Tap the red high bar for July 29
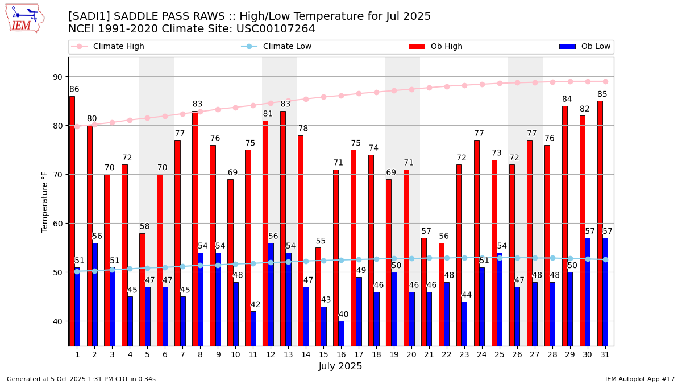click(x=565, y=226)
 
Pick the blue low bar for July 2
click(x=95, y=294)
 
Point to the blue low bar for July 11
click(x=253, y=328)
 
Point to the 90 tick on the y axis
click(x=57, y=77)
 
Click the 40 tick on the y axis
click(x=57, y=321)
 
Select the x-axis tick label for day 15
click(x=323, y=354)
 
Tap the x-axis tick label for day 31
click(x=605, y=354)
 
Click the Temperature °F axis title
click(x=45, y=202)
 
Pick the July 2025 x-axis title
click(x=340, y=366)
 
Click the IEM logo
click(x=25, y=18)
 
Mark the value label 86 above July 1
click(x=74, y=89)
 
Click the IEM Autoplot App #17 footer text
click(x=639, y=379)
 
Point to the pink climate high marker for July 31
click(x=605, y=81)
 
